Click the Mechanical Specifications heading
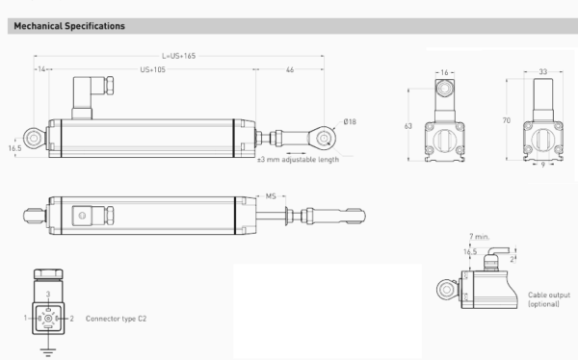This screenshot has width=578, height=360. pyautogui.click(x=69, y=26)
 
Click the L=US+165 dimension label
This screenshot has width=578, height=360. pyautogui.click(x=179, y=56)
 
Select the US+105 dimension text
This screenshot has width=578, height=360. pyautogui.click(x=152, y=69)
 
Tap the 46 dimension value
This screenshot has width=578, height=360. pyautogui.click(x=290, y=69)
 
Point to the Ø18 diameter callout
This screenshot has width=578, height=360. pyautogui.click(x=350, y=121)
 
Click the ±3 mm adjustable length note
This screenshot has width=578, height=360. pyautogui.click(x=298, y=160)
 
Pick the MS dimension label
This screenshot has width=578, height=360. pyautogui.click(x=271, y=196)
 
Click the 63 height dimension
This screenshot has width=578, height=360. pyautogui.click(x=408, y=126)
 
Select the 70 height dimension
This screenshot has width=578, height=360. pyautogui.click(x=507, y=120)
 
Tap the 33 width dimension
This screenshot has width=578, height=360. pyautogui.click(x=543, y=72)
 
